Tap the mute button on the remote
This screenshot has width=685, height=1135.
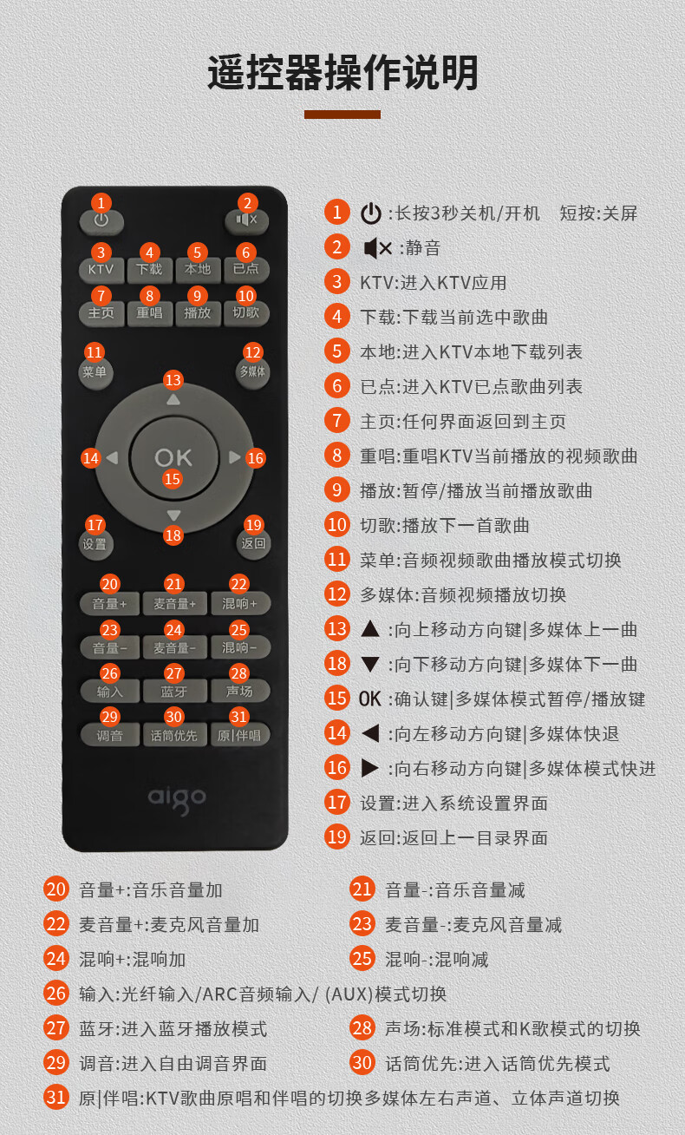point(246,221)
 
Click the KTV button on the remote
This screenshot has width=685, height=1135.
point(101,270)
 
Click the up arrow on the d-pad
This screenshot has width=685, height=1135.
point(173,400)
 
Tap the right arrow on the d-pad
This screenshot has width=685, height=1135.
point(234,457)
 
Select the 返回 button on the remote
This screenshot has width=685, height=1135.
point(253,544)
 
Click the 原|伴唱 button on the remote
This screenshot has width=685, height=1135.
point(239,735)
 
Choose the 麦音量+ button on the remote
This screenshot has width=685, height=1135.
point(174,603)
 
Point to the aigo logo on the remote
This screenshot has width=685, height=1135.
point(177,799)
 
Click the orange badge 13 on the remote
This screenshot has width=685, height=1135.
point(173,380)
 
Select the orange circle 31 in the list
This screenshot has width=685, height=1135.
point(56,1097)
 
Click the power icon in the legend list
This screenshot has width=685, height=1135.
point(370,213)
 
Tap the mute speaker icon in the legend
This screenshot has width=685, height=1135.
point(378,248)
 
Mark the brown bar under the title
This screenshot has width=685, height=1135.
point(342,115)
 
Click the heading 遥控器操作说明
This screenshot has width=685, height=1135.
point(342,73)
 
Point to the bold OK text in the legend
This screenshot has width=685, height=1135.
point(369,699)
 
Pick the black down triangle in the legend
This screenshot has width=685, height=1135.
point(370,664)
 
